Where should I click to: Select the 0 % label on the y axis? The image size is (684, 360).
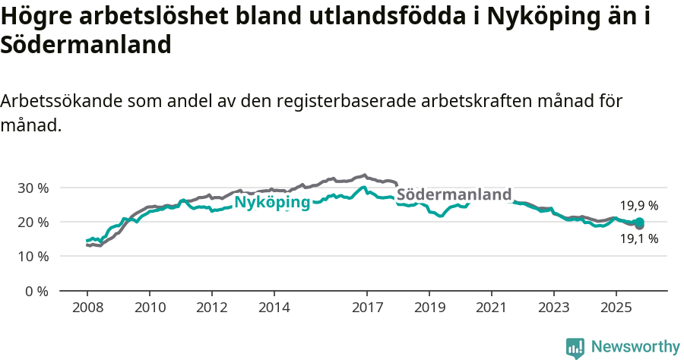pos(36,292)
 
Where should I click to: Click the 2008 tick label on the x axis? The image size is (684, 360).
pos(87,308)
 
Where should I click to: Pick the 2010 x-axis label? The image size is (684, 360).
pos(149,308)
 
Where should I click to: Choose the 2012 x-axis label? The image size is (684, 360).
pos(211,308)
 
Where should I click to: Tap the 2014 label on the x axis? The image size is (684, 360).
pos(274,308)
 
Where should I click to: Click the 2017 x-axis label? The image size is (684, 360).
pos(367,308)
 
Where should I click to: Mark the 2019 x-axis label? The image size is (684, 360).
pos(429,308)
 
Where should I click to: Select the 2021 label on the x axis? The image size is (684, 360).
pos(492,308)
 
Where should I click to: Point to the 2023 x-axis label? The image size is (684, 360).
pos(553,308)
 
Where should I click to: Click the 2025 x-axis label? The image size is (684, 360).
pos(616,308)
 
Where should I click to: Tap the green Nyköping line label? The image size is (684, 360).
pos(272,202)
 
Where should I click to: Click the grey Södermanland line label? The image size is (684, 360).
pos(454,195)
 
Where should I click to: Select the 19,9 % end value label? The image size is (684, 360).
pos(638,206)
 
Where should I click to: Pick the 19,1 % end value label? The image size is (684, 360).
pos(638,238)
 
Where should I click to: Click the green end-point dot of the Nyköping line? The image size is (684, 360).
pos(639,222)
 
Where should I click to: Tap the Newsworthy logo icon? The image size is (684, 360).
pos(575,347)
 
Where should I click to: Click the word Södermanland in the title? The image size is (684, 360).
pos(86,45)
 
